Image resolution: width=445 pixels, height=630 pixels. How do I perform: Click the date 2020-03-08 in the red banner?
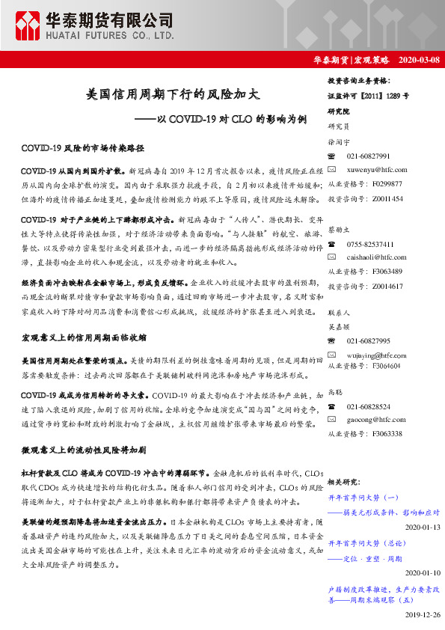coord(419,60)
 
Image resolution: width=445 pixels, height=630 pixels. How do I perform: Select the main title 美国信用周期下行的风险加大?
coord(173,95)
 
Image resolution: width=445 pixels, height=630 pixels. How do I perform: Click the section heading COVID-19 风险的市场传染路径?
coord(82,148)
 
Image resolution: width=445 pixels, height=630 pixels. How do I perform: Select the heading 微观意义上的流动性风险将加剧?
coord(83,450)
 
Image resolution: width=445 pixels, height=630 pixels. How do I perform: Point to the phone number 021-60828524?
coord(369,407)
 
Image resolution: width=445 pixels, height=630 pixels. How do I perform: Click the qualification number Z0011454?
coord(387,198)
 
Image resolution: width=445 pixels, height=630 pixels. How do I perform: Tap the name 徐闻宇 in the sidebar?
coord(340,141)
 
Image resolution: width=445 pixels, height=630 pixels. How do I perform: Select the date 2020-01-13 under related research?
coord(421,527)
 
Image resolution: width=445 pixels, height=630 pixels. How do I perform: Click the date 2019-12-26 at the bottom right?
coord(421,614)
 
